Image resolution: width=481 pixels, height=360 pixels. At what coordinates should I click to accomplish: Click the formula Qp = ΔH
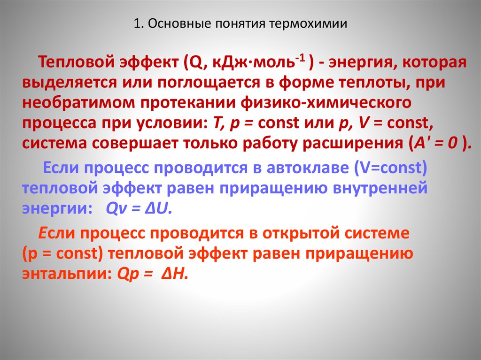(x=148, y=274)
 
